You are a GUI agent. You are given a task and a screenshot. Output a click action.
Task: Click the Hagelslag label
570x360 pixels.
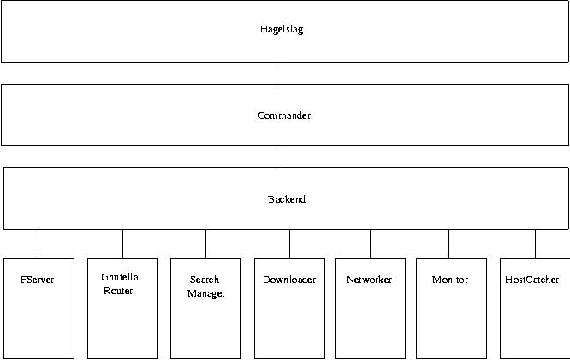tap(282, 29)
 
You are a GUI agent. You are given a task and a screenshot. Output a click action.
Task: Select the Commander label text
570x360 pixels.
tap(284, 115)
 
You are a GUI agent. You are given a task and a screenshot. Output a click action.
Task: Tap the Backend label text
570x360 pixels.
tap(287, 199)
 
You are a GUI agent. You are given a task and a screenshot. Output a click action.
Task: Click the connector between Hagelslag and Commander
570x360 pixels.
tap(276, 74)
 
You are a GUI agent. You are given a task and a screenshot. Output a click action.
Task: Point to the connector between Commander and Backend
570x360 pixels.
tap(276, 156)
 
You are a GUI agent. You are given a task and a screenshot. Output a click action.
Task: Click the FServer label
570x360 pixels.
tap(37, 280)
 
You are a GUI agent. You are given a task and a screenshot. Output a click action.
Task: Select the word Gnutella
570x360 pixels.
tap(120, 277)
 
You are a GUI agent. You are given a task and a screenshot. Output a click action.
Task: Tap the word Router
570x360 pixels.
tap(118, 291)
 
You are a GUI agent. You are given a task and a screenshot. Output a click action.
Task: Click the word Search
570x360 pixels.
tap(205, 280)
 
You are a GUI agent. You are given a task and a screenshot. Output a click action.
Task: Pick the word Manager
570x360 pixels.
tap(206, 293)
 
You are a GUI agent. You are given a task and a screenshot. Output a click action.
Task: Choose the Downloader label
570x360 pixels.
tap(289, 280)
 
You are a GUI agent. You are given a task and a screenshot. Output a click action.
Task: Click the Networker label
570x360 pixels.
tap(370, 280)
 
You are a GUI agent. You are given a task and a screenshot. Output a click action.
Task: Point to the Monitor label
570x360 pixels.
tap(450, 280)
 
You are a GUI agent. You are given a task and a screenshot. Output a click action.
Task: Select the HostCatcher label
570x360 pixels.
tap(531, 280)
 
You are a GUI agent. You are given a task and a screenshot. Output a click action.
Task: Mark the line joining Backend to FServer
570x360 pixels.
tap(39, 244)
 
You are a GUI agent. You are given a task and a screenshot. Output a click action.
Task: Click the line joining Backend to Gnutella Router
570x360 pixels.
tap(123, 244)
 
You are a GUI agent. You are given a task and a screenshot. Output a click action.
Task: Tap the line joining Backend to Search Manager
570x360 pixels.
tap(205, 244)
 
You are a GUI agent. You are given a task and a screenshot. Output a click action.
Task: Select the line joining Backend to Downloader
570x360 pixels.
tap(290, 244)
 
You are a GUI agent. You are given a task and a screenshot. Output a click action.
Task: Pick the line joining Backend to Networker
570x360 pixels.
tap(370, 244)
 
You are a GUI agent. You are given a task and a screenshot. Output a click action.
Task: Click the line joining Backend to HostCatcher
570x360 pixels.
tap(536, 244)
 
